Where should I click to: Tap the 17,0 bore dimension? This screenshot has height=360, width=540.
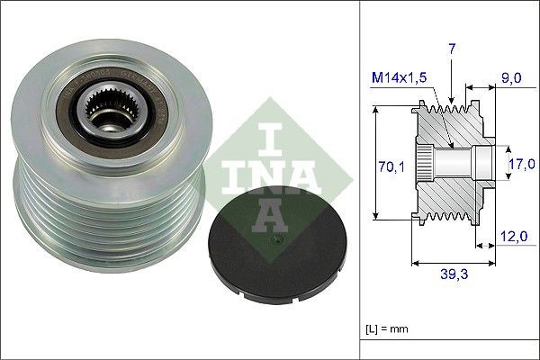[522, 164]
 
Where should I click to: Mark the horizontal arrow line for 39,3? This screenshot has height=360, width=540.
[454, 264]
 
